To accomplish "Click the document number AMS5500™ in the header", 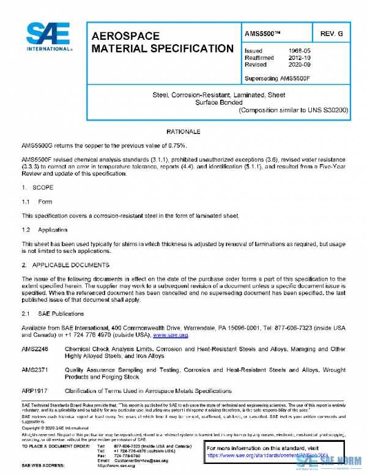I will tap(263, 32).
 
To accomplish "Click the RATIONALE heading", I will tap(183, 132).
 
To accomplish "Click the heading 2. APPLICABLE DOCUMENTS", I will tap(65, 264).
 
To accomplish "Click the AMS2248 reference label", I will tap(34, 348).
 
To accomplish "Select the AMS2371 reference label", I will tap(34, 370).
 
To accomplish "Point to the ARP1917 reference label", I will tap(34, 391).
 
